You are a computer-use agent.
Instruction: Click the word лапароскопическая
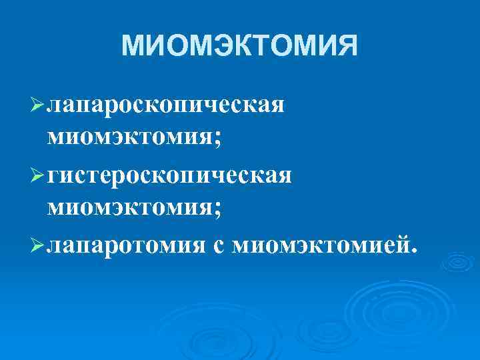[x=167, y=105]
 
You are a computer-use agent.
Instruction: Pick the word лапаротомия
[x=127, y=247]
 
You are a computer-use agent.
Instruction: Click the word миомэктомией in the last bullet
[x=320, y=247]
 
